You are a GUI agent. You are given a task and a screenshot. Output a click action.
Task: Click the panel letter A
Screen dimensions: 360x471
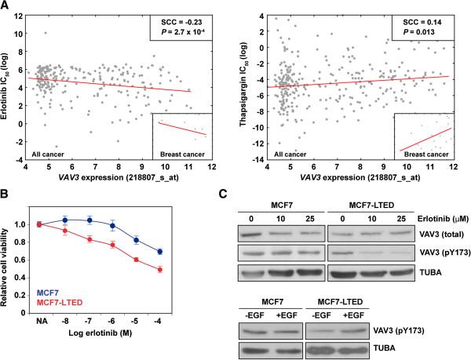(6, 6)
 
